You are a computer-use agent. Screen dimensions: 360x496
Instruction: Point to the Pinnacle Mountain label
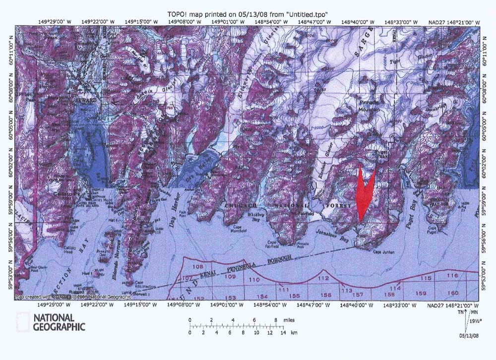click(368, 103)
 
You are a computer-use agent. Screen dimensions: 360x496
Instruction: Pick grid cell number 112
click(323, 279)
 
